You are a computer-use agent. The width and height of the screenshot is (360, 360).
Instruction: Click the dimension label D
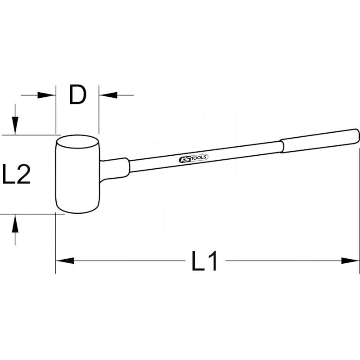pos(77,95)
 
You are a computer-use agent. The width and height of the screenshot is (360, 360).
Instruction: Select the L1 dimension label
pos(204,261)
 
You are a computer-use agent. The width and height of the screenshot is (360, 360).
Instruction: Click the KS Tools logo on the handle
pos(193,158)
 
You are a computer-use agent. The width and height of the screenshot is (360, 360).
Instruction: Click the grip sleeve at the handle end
pos(319,141)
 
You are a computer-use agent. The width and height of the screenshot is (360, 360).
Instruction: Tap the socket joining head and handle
pos(114,169)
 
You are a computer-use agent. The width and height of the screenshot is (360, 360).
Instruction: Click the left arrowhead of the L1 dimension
pos(65,261)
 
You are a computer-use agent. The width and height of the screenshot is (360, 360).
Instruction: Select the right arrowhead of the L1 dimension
pos(351,261)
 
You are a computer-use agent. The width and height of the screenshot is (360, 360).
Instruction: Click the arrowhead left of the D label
pos(47,95)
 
